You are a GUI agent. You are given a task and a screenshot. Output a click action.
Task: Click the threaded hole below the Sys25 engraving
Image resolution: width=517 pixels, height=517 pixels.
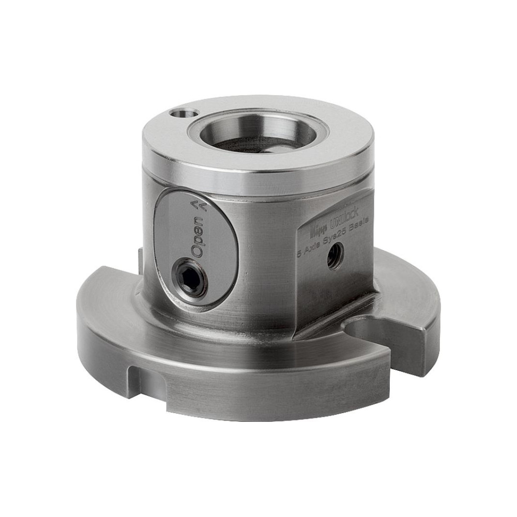coord(334,255)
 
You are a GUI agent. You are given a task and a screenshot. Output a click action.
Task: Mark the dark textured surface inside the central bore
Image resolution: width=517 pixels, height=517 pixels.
coord(248,144)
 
